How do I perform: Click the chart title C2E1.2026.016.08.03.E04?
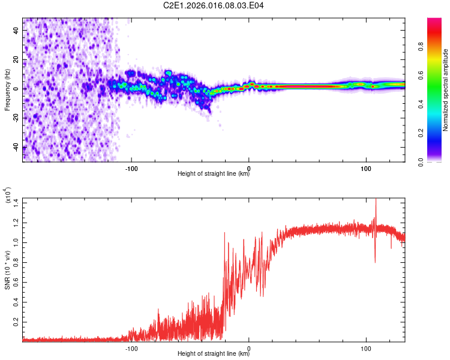[x=214, y=6]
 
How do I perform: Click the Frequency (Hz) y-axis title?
[x=7, y=90]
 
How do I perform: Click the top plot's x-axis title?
[x=214, y=174]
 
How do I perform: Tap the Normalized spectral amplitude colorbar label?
[x=446, y=90]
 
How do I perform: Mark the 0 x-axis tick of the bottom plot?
[x=249, y=347]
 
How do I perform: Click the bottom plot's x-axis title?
[x=214, y=354]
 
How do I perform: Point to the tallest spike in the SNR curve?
[x=376, y=200]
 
